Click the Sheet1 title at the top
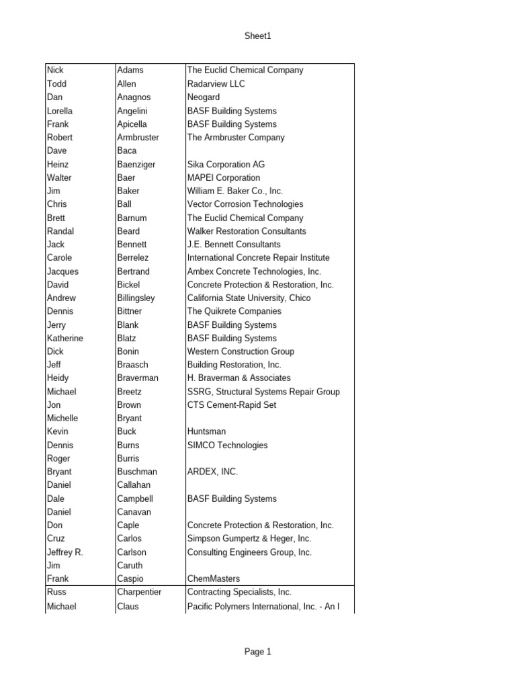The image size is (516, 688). click(x=258, y=36)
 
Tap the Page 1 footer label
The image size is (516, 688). click(x=258, y=651)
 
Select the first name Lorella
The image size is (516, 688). click(x=60, y=111)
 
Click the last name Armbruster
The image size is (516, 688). click(x=138, y=138)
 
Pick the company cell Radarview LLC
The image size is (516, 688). click(x=216, y=84)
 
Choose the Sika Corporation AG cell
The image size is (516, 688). click(x=226, y=165)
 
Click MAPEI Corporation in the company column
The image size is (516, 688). click(x=223, y=178)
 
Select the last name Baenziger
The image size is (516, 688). click(x=136, y=165)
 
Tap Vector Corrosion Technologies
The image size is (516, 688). click(x=245, y=204)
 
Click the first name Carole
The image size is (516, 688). click(x=59, y=258)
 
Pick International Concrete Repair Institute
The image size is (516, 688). click(x=258, y=258)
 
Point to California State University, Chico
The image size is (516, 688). click(x=254, y=298)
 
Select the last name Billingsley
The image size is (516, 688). click(x=136, y=298)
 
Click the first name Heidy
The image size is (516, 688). click(x=58, y=378)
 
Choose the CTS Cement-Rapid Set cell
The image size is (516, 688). click(x=231, y=405)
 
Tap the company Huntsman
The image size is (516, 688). click(x=206, y=431)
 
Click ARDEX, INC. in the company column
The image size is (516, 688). click(x=212, y=472)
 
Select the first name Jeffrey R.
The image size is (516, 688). click(x=64, y=552)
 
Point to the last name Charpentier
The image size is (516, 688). click(x=139, y=593)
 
